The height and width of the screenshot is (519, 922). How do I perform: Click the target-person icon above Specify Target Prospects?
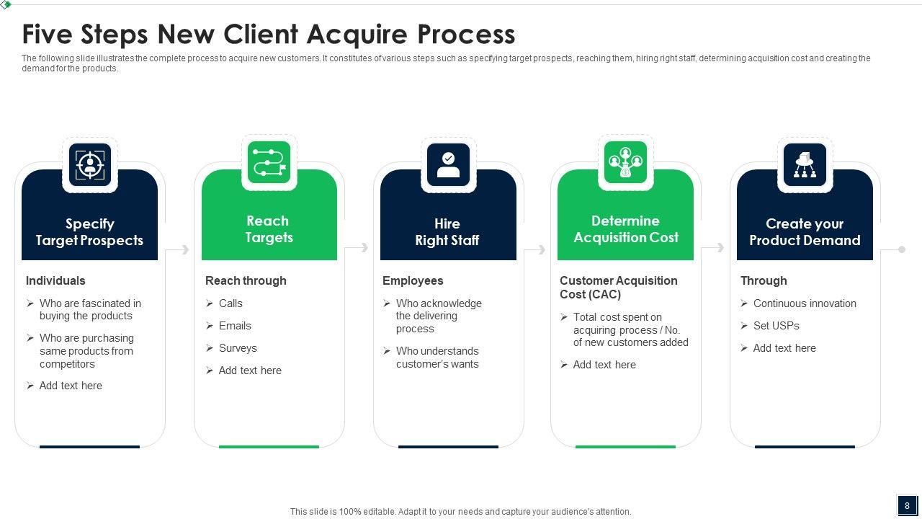tap(90, 164)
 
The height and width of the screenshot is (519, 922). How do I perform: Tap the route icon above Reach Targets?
tap(269, 162)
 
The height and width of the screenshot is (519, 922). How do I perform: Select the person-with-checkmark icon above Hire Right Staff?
tap(448, 164)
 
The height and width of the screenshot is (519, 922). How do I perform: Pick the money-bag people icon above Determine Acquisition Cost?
tap(625, 162)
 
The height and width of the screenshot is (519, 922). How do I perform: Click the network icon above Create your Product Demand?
tap(805, 164)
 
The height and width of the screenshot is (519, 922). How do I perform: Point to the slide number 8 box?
tap(907, 505)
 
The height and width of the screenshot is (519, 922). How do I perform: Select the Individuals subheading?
tap(55, 280)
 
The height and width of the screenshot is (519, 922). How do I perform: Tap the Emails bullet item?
tap(235, 326)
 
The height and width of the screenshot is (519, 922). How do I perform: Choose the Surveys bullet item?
tap(238, 348)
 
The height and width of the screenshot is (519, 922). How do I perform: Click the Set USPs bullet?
tap(776, 326)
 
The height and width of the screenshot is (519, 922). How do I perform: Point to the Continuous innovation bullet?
tap(805, 303)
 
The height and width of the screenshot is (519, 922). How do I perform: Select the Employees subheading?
tap(413, 280)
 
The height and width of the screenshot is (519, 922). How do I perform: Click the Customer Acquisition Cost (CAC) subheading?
tap(619, 287)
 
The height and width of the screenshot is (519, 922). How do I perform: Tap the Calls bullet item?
tap(230, 303)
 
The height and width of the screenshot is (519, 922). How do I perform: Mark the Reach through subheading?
tap(246, 280)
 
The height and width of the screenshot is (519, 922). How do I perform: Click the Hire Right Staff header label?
tap(447, 232)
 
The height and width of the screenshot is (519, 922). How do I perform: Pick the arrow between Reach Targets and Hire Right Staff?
tap(357, 248)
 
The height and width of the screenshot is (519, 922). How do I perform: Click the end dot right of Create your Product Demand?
tap(901, 249)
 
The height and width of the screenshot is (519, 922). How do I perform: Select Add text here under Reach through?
tap(250, 371)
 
